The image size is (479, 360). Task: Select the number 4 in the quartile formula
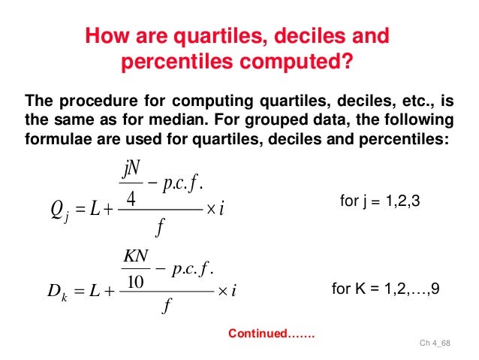coord(131,200)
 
